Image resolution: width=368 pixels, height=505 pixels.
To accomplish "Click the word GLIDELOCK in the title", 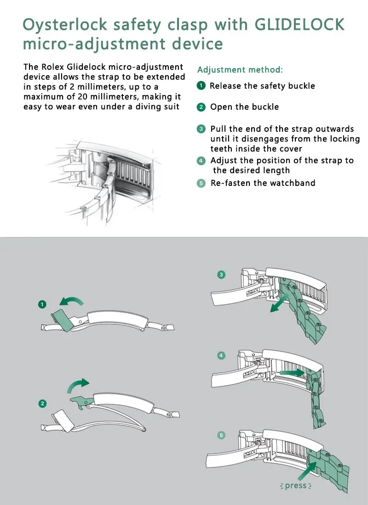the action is click(x=299, y=24).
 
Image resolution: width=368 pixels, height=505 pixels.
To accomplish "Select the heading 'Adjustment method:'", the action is click(x=240, y=70).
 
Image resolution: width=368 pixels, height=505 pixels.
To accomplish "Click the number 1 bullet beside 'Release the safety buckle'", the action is click(x=201, y=86).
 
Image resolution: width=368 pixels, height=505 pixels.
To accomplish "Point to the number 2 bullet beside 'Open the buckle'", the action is click(x=201, y=107).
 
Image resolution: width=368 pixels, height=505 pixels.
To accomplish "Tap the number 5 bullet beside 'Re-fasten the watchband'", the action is click(x=201, y=183).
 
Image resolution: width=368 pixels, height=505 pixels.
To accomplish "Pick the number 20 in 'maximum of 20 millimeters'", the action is click(x=82, y=96).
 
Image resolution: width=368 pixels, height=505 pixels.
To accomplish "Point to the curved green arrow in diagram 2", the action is click(x=77, y=385).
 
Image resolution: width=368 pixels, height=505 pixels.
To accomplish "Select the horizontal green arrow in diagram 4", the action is click(x=292, y=373).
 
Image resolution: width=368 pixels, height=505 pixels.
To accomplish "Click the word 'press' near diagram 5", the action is click(x=296, y=485).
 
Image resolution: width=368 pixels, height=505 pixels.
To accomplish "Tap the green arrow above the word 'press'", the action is click(x=307, y=471).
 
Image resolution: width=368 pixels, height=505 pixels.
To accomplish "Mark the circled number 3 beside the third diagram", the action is click(x=221, y=275).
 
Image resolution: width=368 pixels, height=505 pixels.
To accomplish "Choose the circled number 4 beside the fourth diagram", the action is click(x=221, y=355).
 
